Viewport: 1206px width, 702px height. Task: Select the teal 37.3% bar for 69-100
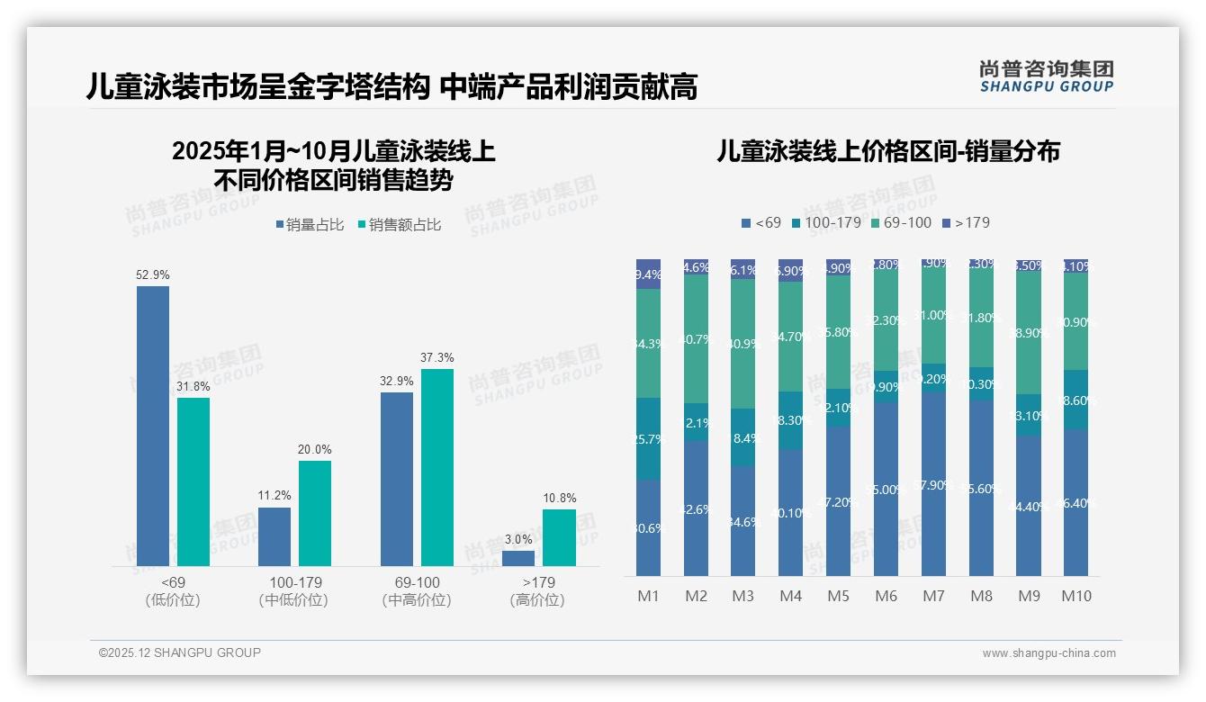(436, 467)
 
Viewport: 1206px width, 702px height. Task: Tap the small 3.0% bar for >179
(518, 558)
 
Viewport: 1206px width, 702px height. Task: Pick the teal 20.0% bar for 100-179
(315, 513)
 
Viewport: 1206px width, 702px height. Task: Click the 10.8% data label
(560, 498)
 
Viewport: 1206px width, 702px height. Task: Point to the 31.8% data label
(193, 386)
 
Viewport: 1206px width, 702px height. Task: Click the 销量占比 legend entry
(310, 225)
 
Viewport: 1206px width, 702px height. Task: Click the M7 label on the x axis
(933, 596)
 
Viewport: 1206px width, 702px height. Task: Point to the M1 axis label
(648, 596)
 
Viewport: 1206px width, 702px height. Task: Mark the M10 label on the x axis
(1075, 596)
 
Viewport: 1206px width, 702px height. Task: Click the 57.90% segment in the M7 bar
(933, 484)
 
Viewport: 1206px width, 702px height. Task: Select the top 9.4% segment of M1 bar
(648, 274)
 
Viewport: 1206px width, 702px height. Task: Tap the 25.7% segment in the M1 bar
(648, 439)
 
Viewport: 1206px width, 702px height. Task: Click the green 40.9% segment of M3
(742, 344)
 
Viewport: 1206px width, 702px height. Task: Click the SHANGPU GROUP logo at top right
(1046, 76)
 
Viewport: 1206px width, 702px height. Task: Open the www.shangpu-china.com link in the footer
(1048, 653)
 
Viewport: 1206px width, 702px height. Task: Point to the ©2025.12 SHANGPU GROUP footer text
(180, 652)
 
